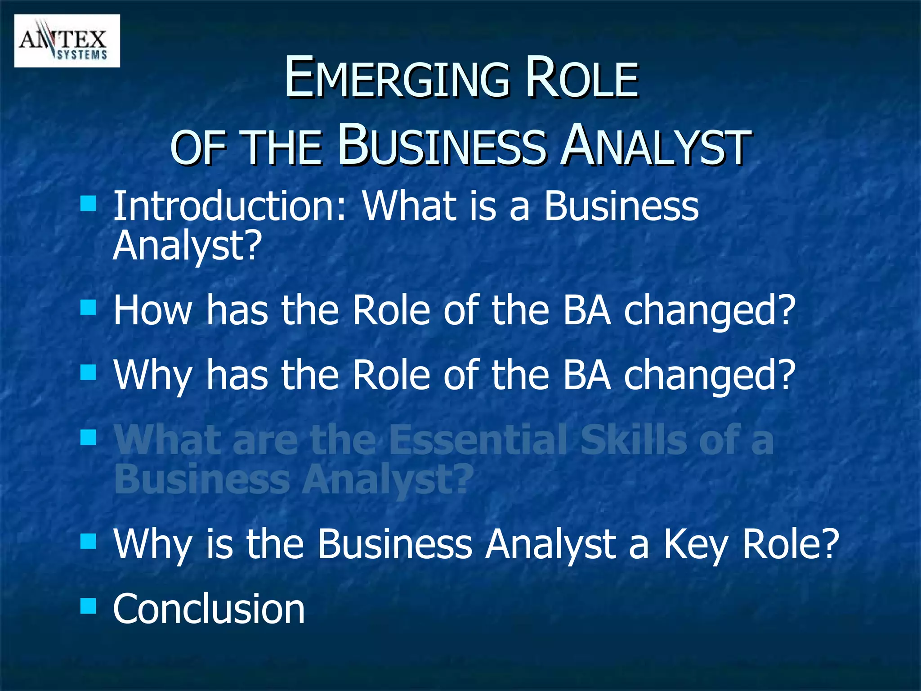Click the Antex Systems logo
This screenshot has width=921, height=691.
coord(67,41)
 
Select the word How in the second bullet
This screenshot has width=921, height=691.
coord(152,310)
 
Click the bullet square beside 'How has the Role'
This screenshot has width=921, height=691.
coord(88,308)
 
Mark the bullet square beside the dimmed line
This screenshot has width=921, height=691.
coord(88,437)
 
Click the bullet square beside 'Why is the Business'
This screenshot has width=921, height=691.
coord(88,541)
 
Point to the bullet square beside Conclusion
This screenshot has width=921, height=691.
coord(88,606)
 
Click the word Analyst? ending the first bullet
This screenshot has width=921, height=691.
coord(187,246)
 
